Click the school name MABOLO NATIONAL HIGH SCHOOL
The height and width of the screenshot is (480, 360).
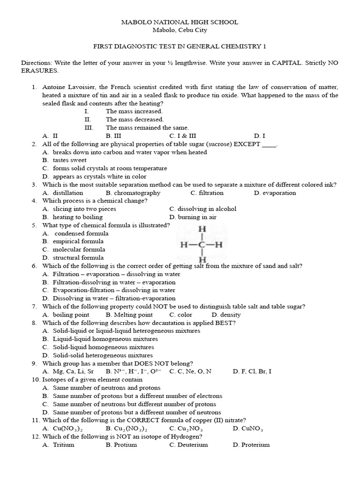tap(180, 22)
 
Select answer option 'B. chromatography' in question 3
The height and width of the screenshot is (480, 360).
tap(133, 193)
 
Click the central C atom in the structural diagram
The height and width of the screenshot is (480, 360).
tap(203, 244)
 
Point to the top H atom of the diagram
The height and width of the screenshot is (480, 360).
tap(203, 229)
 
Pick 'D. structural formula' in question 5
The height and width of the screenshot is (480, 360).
tap(73, 257)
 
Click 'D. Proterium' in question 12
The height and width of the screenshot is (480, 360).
tap(251, 444)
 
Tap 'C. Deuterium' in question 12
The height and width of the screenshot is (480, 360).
tap(188, 444)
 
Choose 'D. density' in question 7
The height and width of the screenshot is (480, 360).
tap(226, 315)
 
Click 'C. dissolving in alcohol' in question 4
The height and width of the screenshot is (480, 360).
tap(203, 209)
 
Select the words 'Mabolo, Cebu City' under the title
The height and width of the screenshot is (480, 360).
tap(180, 30)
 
